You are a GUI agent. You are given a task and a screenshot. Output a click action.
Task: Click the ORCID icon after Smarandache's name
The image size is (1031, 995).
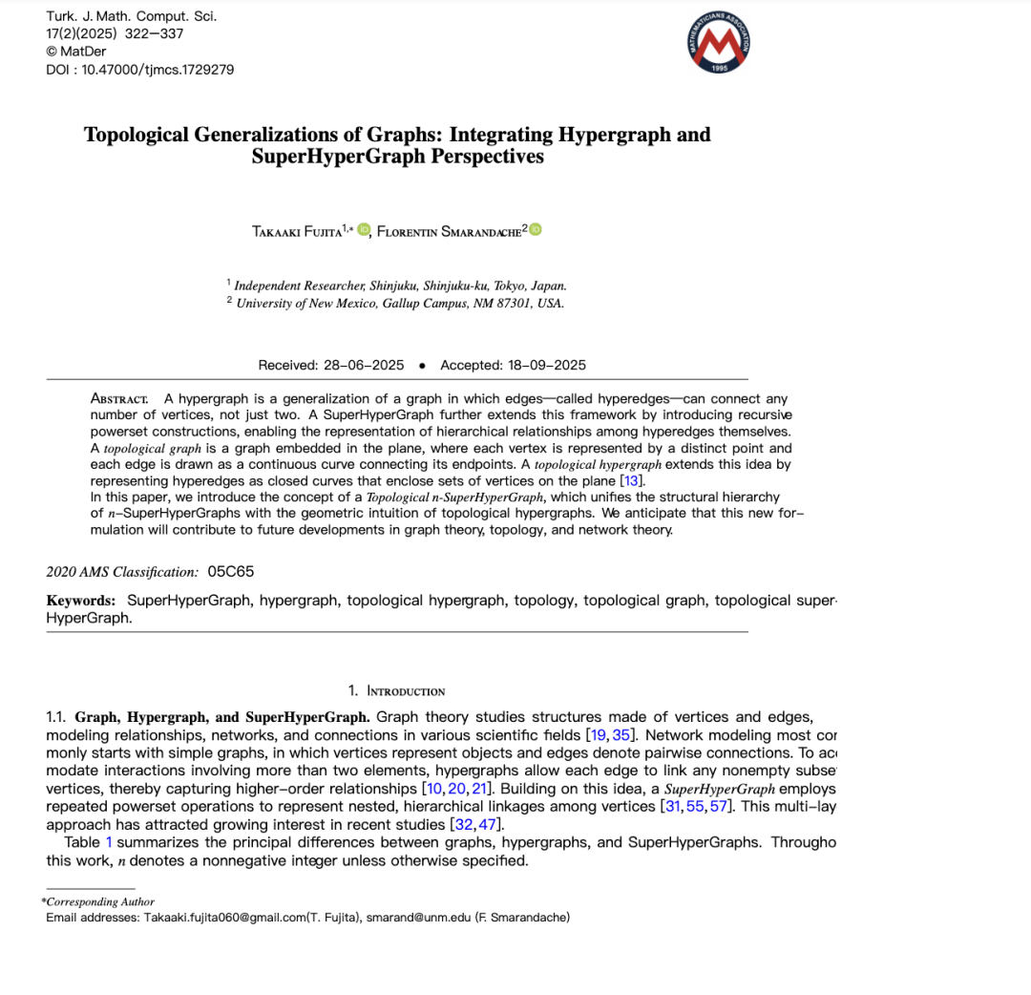coord(536,229)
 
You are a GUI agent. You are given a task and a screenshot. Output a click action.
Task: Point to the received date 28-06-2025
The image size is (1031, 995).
coord(364,365)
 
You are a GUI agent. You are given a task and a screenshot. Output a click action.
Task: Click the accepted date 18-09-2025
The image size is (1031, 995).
coord(546,365)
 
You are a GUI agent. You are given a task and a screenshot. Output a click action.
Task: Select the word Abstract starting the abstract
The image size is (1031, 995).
coord(119,398)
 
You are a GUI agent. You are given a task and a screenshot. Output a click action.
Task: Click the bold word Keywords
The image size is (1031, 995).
coord(81,601)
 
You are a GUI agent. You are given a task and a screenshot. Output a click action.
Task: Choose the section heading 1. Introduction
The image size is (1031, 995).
coord(396,690)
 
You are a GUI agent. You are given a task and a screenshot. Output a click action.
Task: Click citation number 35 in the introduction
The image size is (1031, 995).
coord(622,735)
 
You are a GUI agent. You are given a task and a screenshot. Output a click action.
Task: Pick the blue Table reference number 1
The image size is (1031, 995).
coord(109,842)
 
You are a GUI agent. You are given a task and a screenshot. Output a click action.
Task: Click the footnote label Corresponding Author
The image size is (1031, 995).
coord(99,901)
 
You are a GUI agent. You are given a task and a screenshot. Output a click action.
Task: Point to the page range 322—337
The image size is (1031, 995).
coord(155,34)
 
